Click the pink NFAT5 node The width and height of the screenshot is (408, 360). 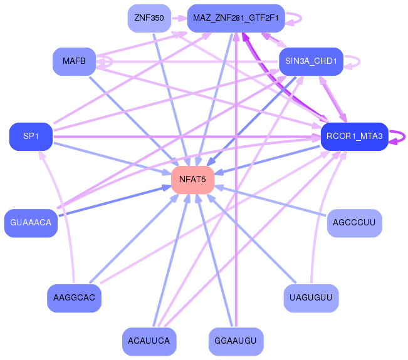[193, 180]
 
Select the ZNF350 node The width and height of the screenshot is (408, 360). [149, 18]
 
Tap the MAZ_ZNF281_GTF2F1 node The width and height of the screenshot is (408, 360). [236, 18]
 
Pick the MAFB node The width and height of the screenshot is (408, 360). [75, 61]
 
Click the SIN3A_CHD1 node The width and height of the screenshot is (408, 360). [311, 61]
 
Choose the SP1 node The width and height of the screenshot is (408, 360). [31, 136]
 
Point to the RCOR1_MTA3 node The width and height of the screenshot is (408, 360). [355, 136]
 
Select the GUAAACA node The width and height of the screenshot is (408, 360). [31, 223]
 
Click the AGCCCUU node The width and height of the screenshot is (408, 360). [355, 223]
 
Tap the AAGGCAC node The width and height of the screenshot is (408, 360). [75, 298]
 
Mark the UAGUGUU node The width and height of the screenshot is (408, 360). [311, 298]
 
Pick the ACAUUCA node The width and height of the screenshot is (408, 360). [149, 342]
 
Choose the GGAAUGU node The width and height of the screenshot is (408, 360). [236, 342]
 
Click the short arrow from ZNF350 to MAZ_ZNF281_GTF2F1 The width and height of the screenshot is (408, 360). [179, 18]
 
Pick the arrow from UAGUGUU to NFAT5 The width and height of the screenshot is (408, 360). [251, 239]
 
